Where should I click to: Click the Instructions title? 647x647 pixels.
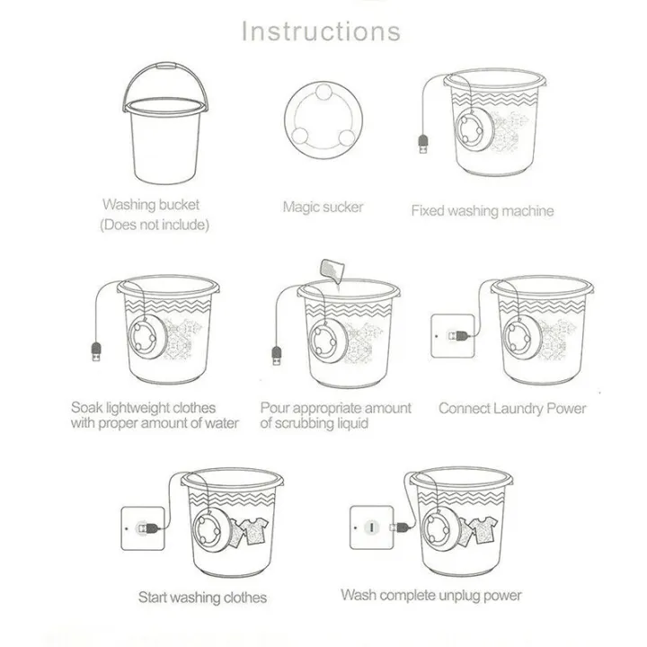(322, 31)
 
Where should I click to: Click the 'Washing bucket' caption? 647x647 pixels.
(151, 204)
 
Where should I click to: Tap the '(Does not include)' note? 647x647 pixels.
(154, 225)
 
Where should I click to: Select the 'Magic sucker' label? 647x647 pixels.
(323, 207)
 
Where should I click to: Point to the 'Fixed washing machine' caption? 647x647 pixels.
(482, 211)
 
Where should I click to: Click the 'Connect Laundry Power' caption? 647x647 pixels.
(511, 408)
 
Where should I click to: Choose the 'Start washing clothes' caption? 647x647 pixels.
(202, 597)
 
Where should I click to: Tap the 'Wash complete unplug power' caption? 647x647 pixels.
(430, 595)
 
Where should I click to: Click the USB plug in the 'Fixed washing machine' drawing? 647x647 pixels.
(423, 146)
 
